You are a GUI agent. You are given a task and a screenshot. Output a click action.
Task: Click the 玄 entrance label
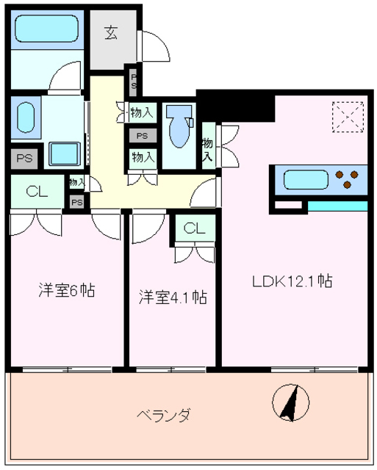tap(111, 32)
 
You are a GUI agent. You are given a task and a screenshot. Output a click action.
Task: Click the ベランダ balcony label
tap(163, 416)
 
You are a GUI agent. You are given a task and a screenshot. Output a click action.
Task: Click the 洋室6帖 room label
tap(66, 290)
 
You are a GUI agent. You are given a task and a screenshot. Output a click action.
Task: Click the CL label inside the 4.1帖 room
tap(194, 228)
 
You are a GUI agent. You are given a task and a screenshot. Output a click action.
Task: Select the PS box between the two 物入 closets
tap(142, 135)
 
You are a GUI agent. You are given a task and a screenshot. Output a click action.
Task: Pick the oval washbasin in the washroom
tap(25, 117)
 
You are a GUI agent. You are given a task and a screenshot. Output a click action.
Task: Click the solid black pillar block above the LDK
tap(236, 107)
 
